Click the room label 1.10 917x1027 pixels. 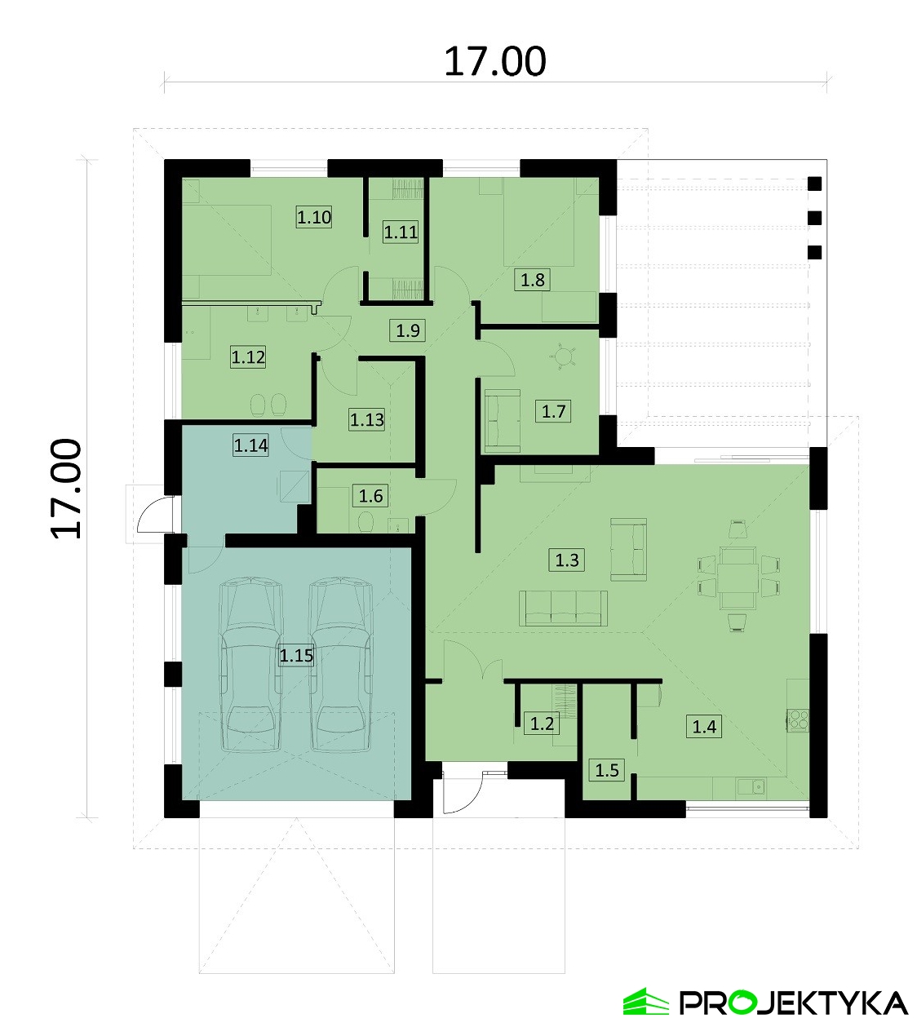(x=314, y=217)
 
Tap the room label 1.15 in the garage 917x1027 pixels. (x=296, y=655)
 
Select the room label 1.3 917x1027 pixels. (x=567, y=560)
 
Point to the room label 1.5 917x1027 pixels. (x=607, y=770)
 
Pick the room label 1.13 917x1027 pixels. (x=366, y=420)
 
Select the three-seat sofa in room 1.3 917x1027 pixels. (x=563, y=608)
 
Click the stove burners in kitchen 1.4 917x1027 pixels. (x=797, y=719)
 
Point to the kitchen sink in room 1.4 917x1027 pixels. (x=751, y=786)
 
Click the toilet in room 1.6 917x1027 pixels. (x=365, y=522)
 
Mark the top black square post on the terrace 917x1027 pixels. (x=814, y=184)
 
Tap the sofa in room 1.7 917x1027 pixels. (x=503, y=421)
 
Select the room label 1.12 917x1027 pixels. (x=248, y=356)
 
